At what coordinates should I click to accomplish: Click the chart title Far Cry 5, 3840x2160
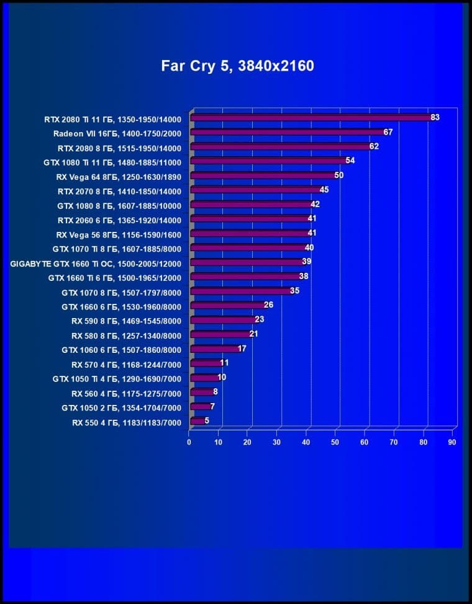(x=238, y=66)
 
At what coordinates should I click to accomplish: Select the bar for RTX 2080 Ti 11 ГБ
(x=310, y=117)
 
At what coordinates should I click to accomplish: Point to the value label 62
(x=374, y=146)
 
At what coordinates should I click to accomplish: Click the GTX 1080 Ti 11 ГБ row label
(x=112, y=162)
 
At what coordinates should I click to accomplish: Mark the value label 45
(x=324, y=190)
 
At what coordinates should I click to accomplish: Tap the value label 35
(x=295, y=290)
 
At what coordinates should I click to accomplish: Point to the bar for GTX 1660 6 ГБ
(x=227, y=306)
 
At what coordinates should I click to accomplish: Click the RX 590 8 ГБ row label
(x=126, y=321)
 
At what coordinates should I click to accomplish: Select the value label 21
(x=253, y=334)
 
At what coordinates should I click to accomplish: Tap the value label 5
(x=207, y=420)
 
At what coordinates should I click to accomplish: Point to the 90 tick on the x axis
(x=452, y=442)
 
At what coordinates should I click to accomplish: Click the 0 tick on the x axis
(x=189, y=442)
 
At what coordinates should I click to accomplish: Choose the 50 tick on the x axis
(x=335, y=442)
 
